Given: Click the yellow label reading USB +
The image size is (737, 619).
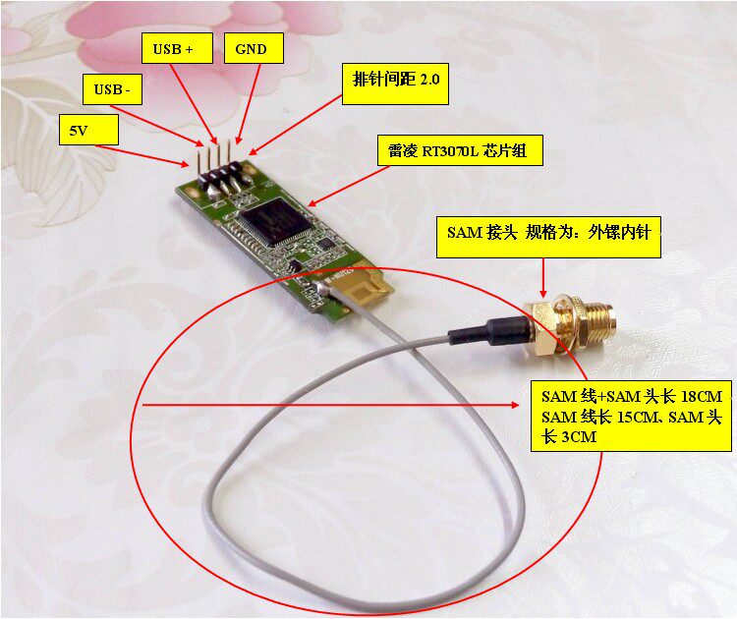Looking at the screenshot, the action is click(x=177, y=48).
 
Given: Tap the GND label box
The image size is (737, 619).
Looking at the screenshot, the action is click(x=254, y=48).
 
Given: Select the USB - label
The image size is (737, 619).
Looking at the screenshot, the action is click(x=112, y=88).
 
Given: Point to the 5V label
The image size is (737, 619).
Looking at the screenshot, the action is click(x=88, y=130).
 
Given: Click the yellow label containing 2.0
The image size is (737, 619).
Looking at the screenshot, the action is click(x=395, y=84).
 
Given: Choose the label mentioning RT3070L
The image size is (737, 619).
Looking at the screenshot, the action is click(x=460, y=151).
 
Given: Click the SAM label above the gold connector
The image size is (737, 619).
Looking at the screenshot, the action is click(x=548, y=237).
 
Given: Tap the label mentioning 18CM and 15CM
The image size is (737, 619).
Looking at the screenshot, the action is click(x=631, y=416).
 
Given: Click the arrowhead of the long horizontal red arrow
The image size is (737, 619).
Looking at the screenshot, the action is click(x=515, y=404).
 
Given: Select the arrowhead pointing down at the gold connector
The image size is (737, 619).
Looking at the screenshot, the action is click(x=543, y=293).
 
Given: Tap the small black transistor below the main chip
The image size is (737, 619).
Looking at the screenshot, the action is click(x=294, y=266).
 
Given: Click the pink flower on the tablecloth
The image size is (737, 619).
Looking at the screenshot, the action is click(x=188, y=47).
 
